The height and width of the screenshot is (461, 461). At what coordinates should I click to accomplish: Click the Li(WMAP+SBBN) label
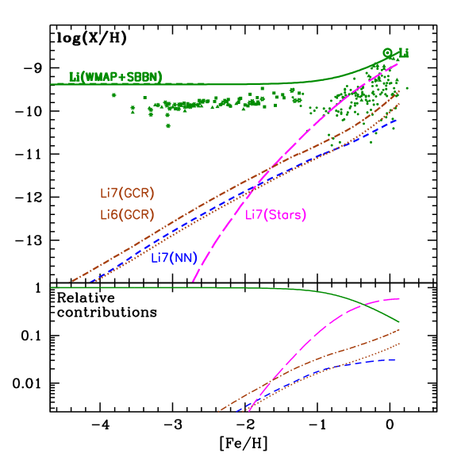[x=115, y=77]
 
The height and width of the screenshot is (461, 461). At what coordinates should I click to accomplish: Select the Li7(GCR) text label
[x=127, y=193]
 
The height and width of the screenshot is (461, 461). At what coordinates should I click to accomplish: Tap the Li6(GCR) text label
[x=127, y=214]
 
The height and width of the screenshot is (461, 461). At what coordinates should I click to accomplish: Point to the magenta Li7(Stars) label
[x=275, y=214]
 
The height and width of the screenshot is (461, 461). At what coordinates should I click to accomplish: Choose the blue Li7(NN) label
[x=174, y=257]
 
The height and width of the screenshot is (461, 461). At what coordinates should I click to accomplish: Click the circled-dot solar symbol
[x=387, y=53]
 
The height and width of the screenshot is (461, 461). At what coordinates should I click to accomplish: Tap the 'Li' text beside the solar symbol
[x=403, y=54]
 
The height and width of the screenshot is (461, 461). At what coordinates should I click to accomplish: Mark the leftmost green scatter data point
[x=113, y=95]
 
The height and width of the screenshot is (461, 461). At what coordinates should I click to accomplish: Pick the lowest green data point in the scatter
[x=167, y=125]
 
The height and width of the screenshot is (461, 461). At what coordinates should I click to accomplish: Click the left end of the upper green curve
[x=51, y=83]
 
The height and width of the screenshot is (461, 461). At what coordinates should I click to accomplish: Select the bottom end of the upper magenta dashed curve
[x=193, y=282]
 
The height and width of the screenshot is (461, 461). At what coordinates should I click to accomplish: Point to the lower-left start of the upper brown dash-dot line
[x=71, y=282]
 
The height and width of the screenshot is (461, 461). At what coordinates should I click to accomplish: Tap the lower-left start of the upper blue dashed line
[x=91, y=282]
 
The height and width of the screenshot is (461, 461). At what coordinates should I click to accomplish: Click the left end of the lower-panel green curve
[x=51, y=287]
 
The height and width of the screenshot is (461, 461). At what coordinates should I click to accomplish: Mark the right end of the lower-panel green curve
[x=399, y=322]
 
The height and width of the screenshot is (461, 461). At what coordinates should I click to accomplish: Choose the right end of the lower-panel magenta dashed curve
[x=399, y=298]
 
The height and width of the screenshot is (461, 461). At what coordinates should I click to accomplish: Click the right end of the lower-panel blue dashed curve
[x=397, y=359]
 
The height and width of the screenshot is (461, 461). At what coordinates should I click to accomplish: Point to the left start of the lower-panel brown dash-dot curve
[x=218, y=412]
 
